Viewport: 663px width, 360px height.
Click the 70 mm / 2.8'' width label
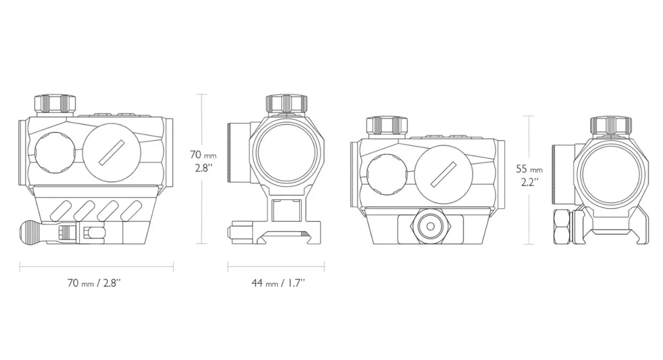(x=94, y=283)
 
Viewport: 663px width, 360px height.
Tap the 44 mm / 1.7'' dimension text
(x=278, y=283)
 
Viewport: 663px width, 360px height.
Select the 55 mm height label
(x=529, y=169)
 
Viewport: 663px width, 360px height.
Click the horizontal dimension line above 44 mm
(x=276, y=267)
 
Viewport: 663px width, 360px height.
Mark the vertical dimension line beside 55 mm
(x=528, y=180)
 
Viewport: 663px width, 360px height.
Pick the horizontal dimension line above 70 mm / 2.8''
(x=96, y=267)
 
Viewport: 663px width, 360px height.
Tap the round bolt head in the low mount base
(x=430, y=226)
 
